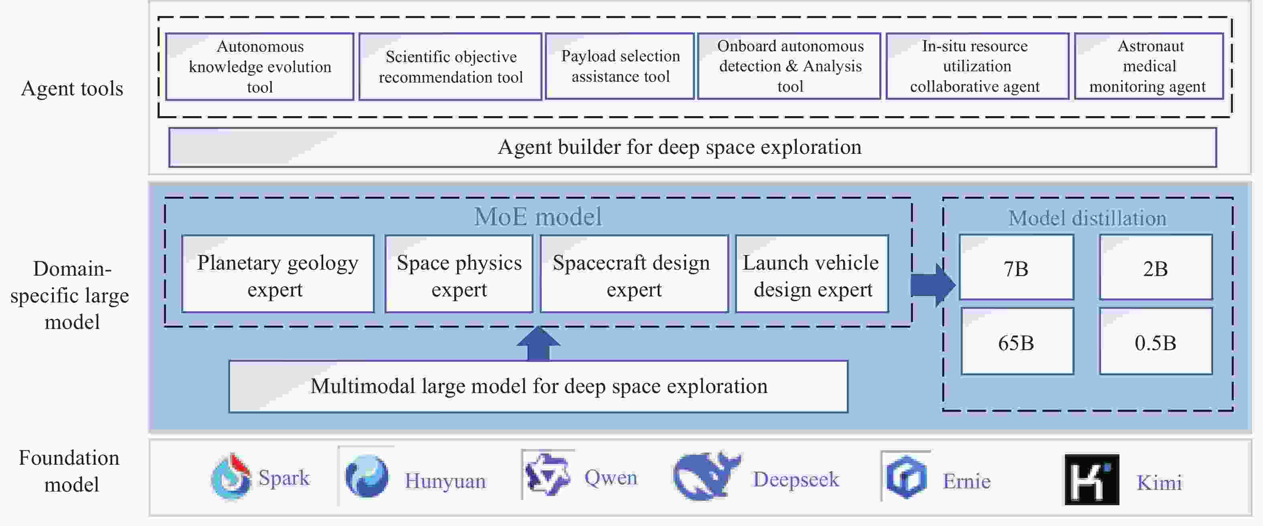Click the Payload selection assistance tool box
click(x=620, y=66)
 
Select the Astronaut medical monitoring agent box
click(x=1148, y=66)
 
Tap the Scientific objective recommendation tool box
click(x=450, y=67)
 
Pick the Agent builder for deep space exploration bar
click(x=692, y=147)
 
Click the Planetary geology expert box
click(x=277, y=274)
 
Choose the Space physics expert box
click(x=459, y=274)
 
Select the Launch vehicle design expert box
click(x=812, y=274)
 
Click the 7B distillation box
click(x=1016, y=268)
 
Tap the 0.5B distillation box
click(x=1156, y=341)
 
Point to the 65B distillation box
click(x=1017, y=341)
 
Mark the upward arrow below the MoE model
click(x=538, y=343)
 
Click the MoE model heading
click(x=538, y=216)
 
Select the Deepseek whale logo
click(x=706, y=476)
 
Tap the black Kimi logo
click(x=1091, y=479)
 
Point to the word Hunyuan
click(x=445, y=481)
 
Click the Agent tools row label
click(x=72, y=89)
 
